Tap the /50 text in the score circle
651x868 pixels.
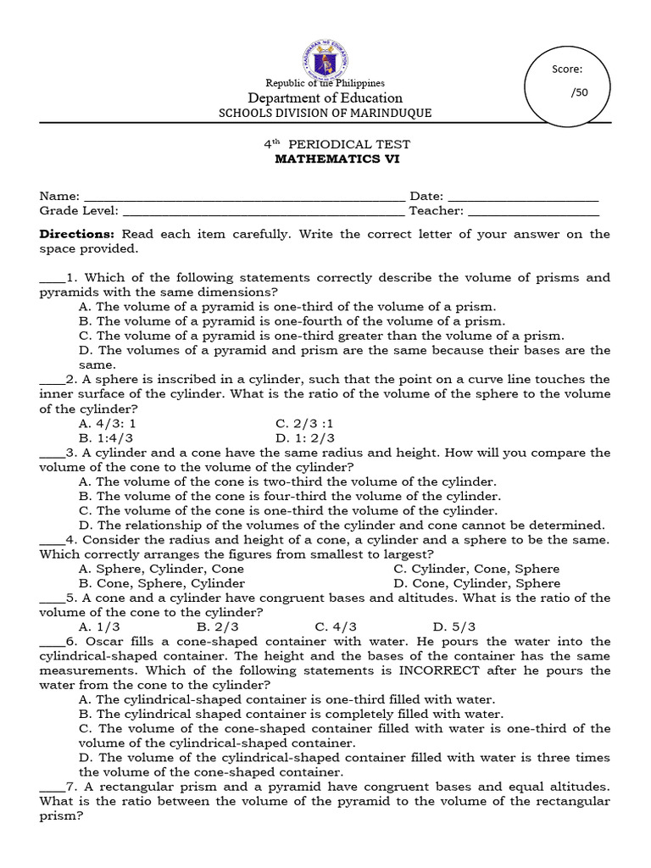[x=580, y=92]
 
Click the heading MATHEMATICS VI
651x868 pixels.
[x=325, y=159]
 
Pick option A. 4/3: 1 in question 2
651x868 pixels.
[x=108, y=423]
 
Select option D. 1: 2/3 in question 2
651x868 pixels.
[x=305, y=438]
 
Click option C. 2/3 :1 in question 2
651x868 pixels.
[x=305, y=423]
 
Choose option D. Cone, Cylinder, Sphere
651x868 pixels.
[x=477, y=583]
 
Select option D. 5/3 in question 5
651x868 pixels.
[x=452, y=627]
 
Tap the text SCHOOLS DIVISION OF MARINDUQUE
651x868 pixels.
[x=325, y=114]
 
